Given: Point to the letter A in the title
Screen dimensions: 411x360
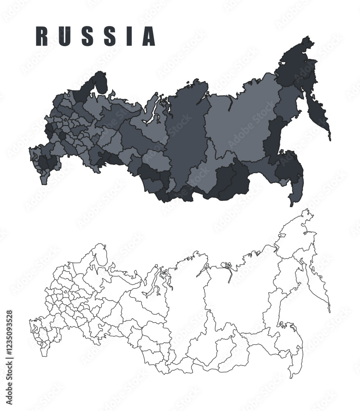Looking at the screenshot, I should pos(148,36).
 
